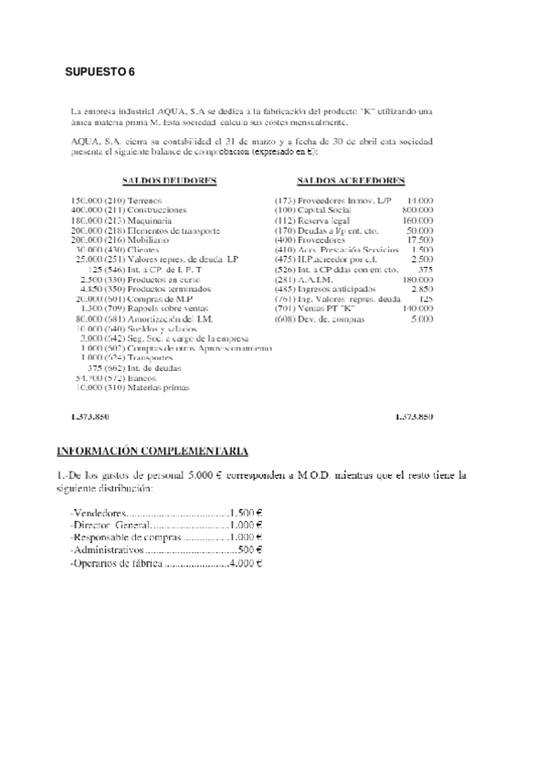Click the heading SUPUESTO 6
100,70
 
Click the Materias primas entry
159,387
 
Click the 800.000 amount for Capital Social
417,209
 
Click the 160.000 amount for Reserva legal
417,219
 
